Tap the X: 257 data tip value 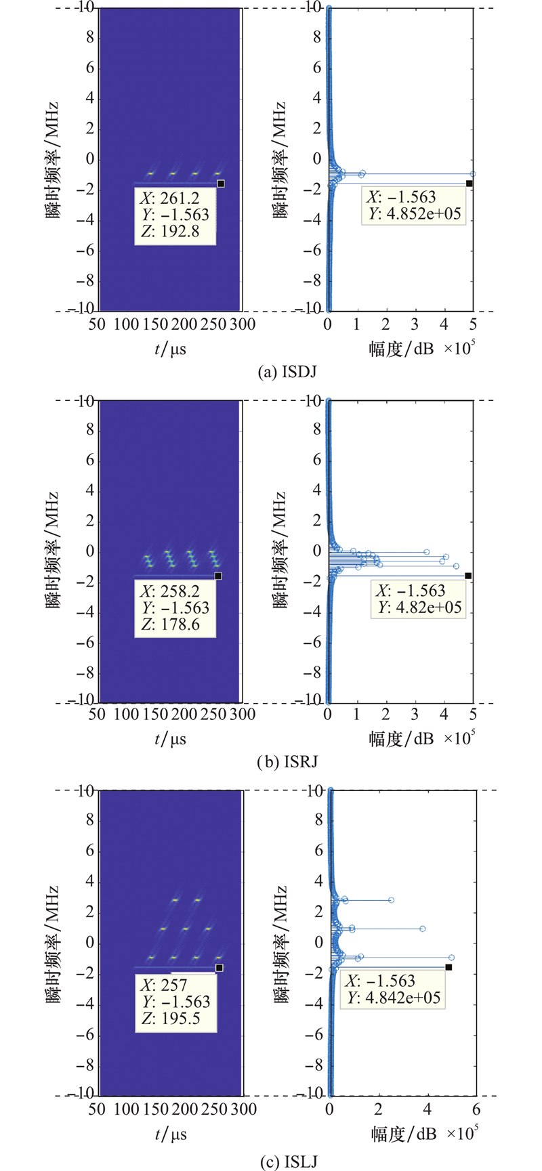click(163, 985)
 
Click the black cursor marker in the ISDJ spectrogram click(220, 184)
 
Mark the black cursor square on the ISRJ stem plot click(468, 576)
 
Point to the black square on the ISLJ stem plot click(449, 967)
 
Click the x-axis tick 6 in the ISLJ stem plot click(476, 1109)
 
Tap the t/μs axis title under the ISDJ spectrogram click(170, 349)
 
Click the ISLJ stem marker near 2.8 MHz click(391, 900)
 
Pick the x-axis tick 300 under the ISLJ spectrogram click(243, 1109)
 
